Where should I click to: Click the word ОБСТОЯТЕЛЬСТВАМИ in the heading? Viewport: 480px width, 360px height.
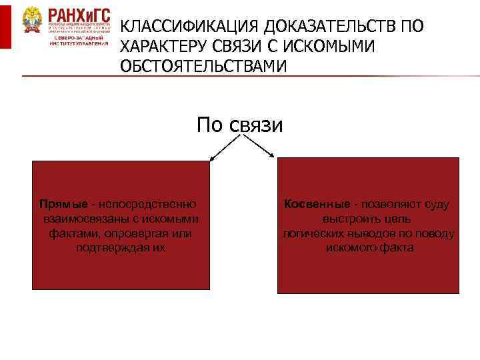[x=203, y=67]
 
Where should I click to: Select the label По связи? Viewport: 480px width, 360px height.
[x=239, y=125]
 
